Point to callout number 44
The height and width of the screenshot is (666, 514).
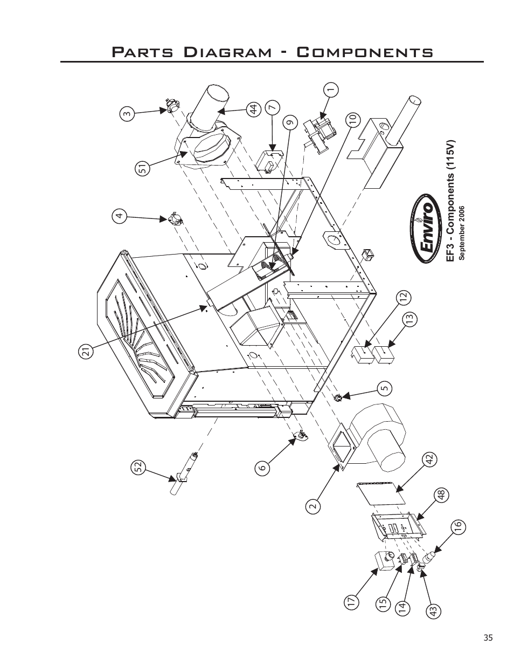[x=253, y=109]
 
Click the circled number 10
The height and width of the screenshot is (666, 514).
[x=353, y=120]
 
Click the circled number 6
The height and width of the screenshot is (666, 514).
[x=262, y=468]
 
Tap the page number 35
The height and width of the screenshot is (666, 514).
[x=488, y=638]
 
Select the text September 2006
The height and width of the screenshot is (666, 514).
[x=462, y=232]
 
